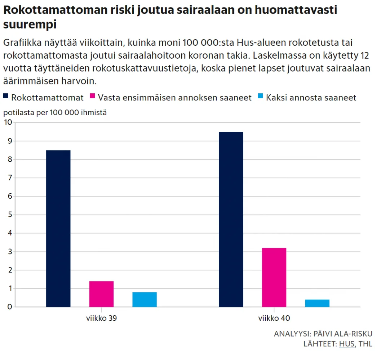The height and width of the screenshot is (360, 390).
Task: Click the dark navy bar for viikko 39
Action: (x=58, y=228)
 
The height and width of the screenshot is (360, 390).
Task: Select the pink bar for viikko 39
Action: (x=101, y=294)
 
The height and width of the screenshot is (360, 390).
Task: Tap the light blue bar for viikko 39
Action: (x=145, y=300)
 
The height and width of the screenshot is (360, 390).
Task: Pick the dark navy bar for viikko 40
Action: (x=231, y=219)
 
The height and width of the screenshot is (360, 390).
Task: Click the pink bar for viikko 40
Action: (x=274, y=277)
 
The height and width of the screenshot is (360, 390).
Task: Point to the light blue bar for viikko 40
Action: (x=317, y=303)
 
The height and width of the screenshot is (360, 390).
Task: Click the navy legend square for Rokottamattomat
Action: (x=6, y=97)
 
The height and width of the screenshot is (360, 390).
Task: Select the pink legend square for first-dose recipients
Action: (x=92, y=97)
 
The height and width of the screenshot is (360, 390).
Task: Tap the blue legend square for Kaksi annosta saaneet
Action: (x=261, y=97)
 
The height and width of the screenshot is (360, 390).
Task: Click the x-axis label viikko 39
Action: (x=101, y=319)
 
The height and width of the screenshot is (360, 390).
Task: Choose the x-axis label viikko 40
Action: (x=274, y=319)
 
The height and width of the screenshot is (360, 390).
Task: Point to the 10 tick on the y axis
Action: (x=8, y=122)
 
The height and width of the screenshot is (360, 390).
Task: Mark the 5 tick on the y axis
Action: (x=10, y=215)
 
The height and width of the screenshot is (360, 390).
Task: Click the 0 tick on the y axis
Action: (x=10, y=307)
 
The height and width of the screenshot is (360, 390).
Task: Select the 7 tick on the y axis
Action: (x=10, y=178)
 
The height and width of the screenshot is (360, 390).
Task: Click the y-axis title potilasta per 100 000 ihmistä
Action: (x=55, y=112)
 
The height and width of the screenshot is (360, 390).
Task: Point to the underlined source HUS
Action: (x=347, y=344)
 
